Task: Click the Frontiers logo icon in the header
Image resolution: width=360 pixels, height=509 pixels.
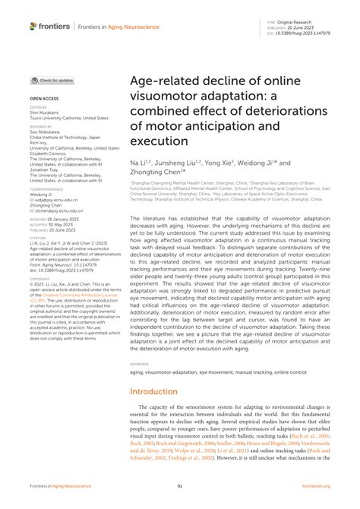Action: coord(34,26)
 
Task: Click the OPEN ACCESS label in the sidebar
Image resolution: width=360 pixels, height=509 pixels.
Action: coord(44,99)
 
